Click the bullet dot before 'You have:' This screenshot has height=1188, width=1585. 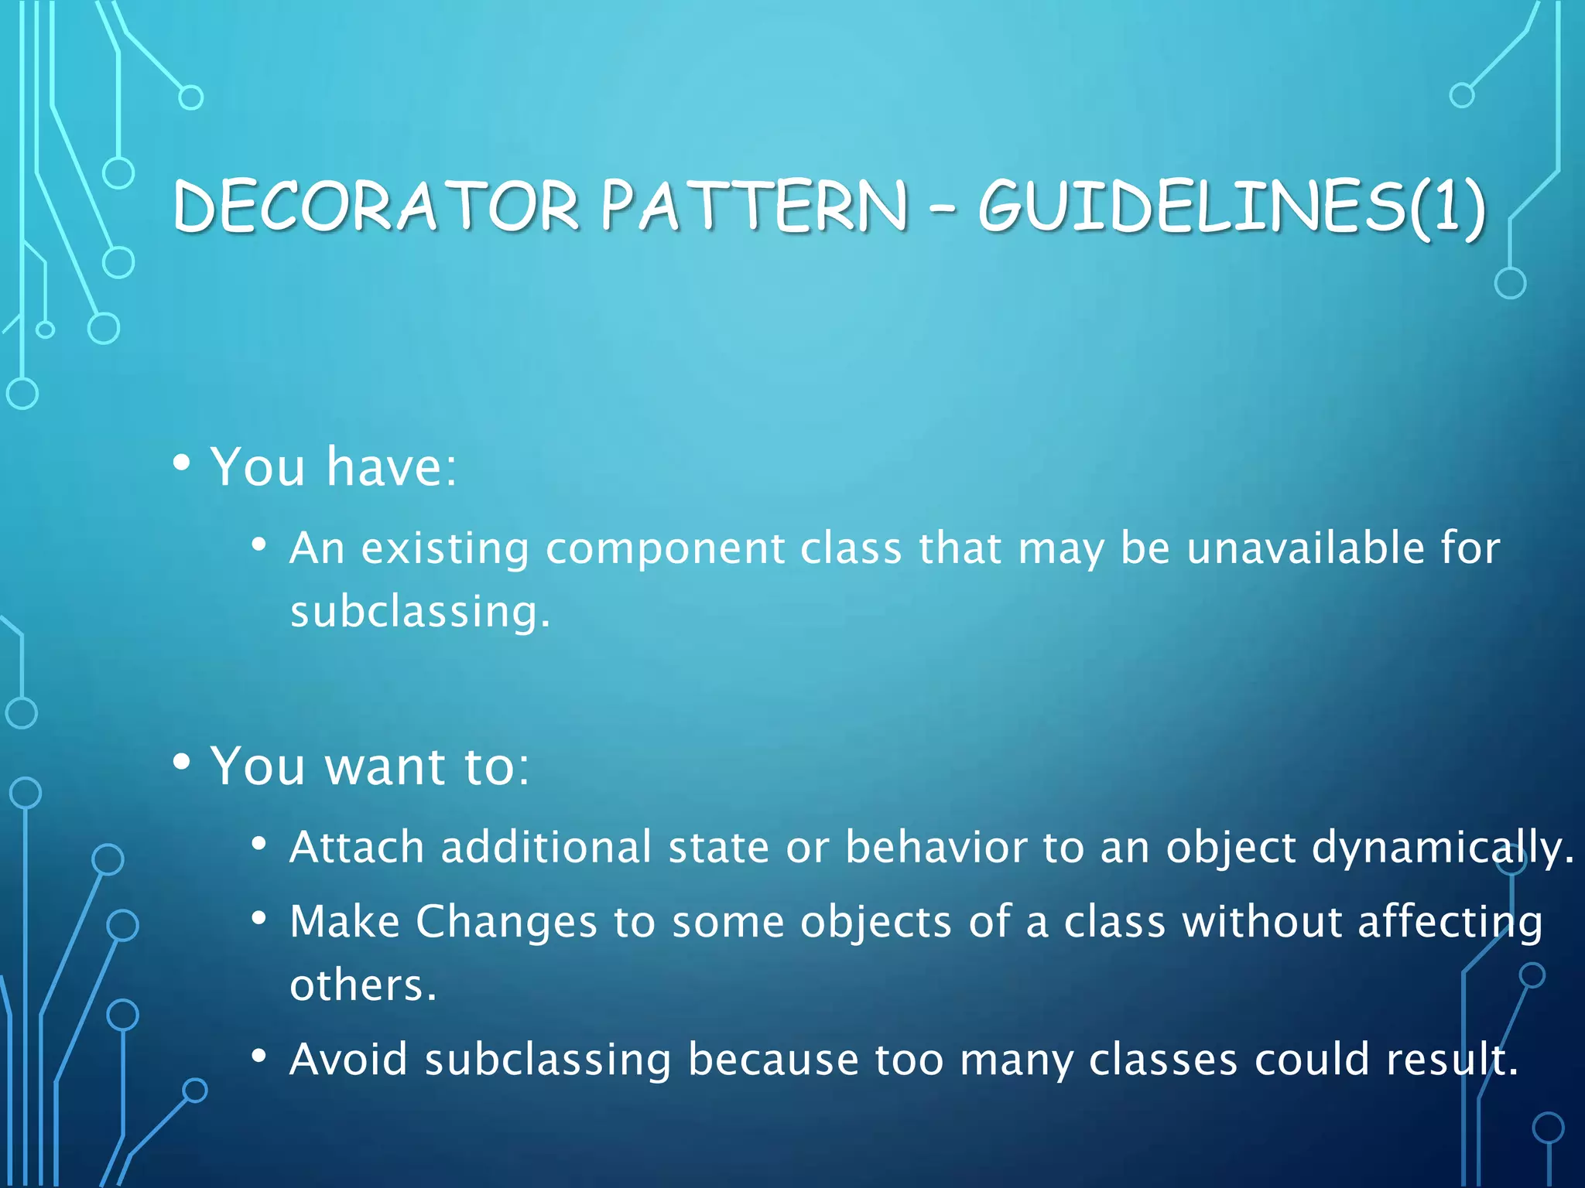pos(182,463)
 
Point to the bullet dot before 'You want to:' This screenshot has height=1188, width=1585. pos(182,762)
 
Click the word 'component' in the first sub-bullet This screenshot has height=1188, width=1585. pos(665,548)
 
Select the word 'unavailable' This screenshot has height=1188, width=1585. pos(1306,548)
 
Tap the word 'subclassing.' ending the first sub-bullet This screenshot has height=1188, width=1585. pos(420,612)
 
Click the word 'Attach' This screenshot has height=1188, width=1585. pos(357,847)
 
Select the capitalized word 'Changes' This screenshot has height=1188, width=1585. pos(507,922)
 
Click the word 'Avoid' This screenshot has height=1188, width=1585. pos(349,1060)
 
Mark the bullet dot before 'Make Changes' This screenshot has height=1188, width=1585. pos(259,919)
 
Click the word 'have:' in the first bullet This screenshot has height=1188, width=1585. pos(392,467)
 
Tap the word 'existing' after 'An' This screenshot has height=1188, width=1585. pos(445,549)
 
